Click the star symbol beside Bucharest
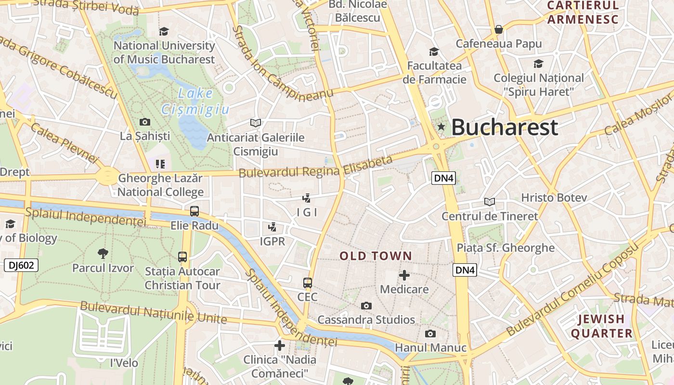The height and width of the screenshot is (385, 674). pos(441,127)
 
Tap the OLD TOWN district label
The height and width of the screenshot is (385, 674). pos(376,256)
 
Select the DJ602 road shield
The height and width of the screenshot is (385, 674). pos(21,265)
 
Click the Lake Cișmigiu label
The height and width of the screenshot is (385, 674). pos(195,102)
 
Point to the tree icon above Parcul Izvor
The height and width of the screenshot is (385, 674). pos(103,253)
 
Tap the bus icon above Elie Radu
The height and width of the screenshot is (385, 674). pos(194,211)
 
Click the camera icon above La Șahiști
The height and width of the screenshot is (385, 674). pos(144,122)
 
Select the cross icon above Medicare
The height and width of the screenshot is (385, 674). pos(404,275)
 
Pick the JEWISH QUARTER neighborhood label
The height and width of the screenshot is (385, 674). pos(601,326)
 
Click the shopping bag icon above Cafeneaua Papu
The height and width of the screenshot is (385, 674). pos(499,29)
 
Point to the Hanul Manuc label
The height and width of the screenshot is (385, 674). pos(430,347)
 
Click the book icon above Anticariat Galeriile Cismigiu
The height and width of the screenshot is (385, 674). pos(256,123)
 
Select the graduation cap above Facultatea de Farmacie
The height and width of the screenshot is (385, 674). pos(434,51)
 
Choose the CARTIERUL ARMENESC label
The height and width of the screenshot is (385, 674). pos(583,13)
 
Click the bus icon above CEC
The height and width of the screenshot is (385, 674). pos(308,283)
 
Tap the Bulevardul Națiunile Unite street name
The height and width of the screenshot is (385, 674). pos(153,312)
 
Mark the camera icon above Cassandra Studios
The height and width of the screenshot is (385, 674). pos(366,306)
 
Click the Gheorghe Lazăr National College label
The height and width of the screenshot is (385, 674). pos(160,185)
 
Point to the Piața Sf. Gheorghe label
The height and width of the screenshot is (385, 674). pos(505,248)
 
